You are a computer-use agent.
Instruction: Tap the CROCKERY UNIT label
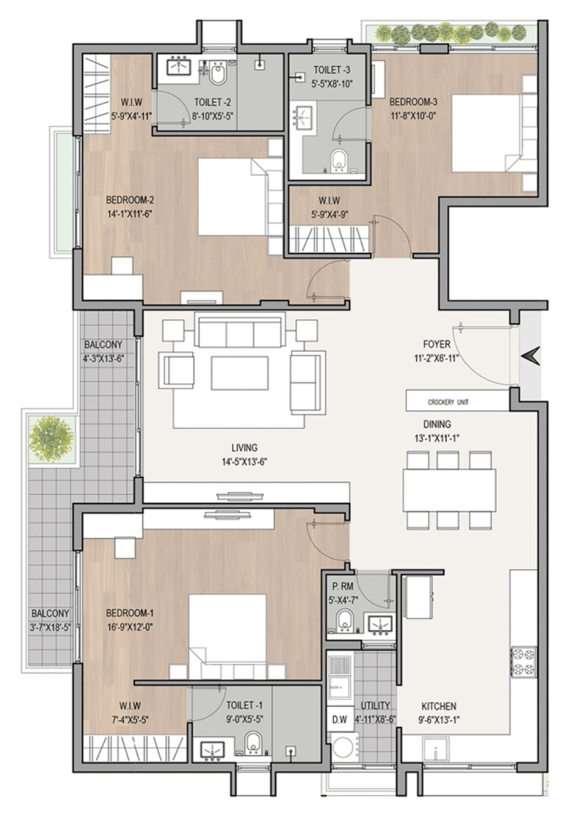[448, 402]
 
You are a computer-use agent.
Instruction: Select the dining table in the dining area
[449, 490]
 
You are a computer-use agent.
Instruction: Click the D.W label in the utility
[340, 719]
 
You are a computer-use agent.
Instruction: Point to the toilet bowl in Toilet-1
[254, 743]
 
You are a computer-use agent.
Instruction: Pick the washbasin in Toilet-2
[179, 67]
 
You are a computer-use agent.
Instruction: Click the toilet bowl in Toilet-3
[340, 161]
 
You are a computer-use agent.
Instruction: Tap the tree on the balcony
[50, 439]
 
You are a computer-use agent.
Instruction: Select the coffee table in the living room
[239, 372]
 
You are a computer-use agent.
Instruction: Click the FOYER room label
[437, 344]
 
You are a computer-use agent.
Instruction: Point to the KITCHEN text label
[439, 707]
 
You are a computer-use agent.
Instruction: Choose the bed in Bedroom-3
[487, 133]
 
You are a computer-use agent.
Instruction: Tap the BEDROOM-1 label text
[130, 614]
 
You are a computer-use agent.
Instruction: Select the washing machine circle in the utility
[344, 748]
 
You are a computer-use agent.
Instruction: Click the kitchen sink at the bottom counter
[435, 752]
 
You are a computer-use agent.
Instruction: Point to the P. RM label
[343, 587]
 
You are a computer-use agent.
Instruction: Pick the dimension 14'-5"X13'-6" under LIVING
[244, 461]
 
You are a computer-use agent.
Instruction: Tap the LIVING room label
[244, 447]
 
